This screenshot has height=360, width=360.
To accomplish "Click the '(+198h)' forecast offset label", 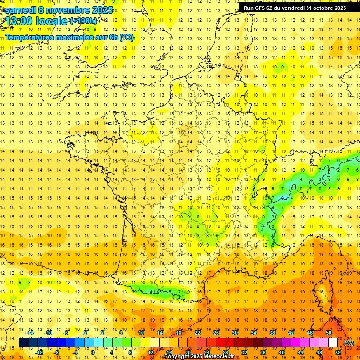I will [x=84, y=21].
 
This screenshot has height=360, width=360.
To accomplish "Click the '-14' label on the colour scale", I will [x=30, y=333].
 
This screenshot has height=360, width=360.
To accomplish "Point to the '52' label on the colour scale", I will [x=337, y=352].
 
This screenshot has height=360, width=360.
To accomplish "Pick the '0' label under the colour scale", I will [x=93, y=352].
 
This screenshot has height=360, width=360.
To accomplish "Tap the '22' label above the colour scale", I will [x=197, y=333].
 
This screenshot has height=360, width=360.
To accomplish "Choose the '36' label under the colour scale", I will [x=262, y=352].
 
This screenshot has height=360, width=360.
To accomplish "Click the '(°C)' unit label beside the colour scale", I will [x=349, y=343].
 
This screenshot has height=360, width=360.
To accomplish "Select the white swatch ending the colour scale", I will [x=333, y=343].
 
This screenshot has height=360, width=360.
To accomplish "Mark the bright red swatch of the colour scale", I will [x=220, y=343].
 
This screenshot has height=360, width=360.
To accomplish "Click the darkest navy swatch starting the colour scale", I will [x=23, y=343].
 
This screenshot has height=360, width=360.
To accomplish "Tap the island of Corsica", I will [x=348, y=286].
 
